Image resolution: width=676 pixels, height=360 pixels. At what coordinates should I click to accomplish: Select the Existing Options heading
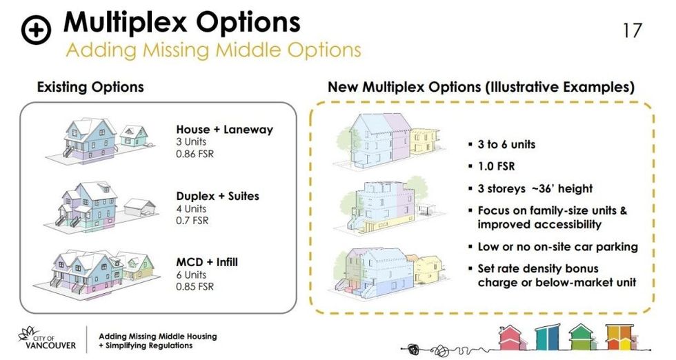(90, 87)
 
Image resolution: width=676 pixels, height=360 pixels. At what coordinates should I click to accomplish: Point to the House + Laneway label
(225, 129)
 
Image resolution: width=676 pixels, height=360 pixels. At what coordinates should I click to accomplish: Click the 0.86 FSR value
(195, 154)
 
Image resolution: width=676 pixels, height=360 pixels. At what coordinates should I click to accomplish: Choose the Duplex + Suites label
(218, 197)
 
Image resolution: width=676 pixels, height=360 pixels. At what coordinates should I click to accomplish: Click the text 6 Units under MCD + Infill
(191, 274)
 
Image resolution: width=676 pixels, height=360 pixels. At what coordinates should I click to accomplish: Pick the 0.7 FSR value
(192, 221)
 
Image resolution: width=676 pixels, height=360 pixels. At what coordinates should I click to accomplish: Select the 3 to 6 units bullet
(506, 145)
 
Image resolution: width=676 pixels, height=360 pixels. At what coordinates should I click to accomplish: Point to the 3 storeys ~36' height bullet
(535, 188)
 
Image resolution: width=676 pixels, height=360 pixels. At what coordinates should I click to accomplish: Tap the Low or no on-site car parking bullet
(557, 246)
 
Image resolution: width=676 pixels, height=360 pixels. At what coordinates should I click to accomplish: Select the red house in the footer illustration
(511, 337)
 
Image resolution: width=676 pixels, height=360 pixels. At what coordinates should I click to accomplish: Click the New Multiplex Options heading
(481, 88)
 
